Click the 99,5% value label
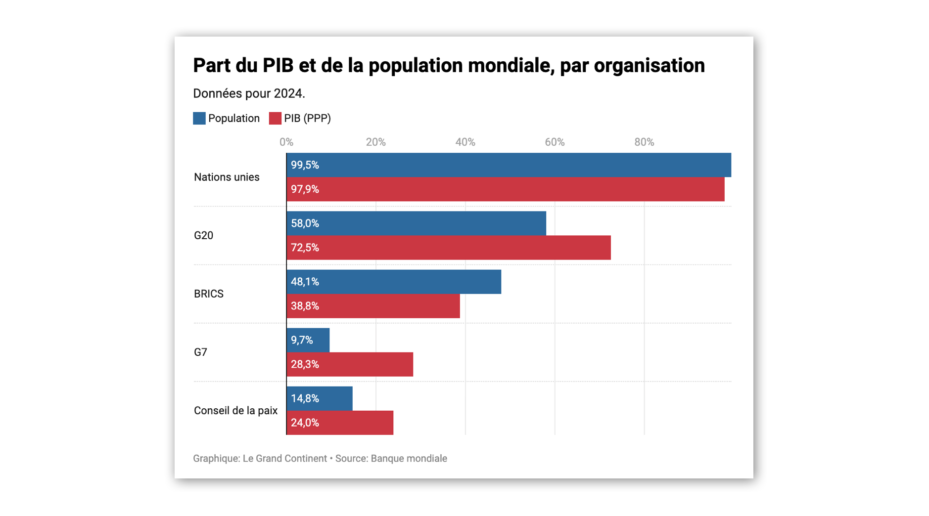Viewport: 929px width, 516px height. (x=305, y=165)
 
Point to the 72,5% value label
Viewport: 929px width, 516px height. (x=305, y=248)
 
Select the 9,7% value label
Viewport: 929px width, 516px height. (x=302, y=340)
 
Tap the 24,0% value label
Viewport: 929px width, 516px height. (x=305, y=423)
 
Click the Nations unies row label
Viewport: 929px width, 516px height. (x=227, y=177)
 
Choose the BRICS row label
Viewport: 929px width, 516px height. (x=209, y=294)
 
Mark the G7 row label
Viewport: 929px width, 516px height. (x=200, y=352)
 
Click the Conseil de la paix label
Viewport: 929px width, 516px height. (x=235, y=410)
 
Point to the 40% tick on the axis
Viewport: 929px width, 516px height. (x=465, y=142)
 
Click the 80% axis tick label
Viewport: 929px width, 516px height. (x=644, y=142)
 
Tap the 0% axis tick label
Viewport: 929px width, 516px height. (x=286, y=142)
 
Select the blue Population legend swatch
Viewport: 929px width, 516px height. (x=199, y=118)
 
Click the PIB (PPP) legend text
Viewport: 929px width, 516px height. (x=307, y=118)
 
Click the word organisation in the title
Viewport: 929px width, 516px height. (x=649, y=66)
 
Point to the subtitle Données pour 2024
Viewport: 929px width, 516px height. (x=249, y=93)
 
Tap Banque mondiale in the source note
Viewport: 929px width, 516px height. (x=409, y=458)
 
